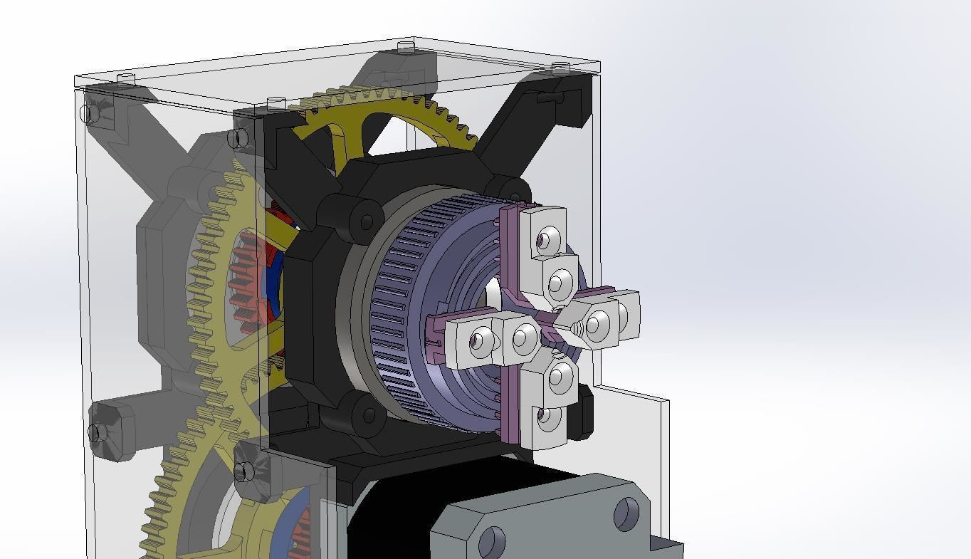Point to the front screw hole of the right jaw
click(597, 325)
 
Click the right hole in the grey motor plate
click(626, 513)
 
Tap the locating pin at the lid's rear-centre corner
click(406, 48)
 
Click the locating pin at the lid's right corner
click(561, 68)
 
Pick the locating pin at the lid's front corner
click(276, 104)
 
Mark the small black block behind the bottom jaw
click(585, 412)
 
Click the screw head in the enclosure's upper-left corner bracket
click(88, 113)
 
